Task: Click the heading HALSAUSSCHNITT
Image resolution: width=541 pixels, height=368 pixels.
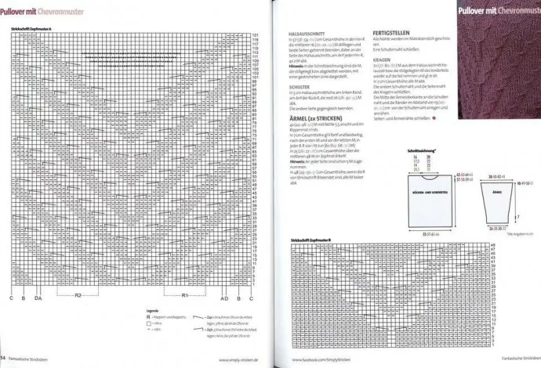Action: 307,33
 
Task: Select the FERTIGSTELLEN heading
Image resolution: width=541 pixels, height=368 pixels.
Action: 392,33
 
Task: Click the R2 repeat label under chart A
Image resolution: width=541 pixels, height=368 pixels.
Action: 78,294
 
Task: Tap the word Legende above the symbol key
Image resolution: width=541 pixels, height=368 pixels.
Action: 154,310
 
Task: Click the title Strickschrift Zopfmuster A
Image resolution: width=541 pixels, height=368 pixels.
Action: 32,29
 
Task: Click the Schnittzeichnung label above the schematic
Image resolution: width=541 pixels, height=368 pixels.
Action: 420,149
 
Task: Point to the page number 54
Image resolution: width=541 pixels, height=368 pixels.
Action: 4,358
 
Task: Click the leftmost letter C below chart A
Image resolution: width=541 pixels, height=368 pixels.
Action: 12,298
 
